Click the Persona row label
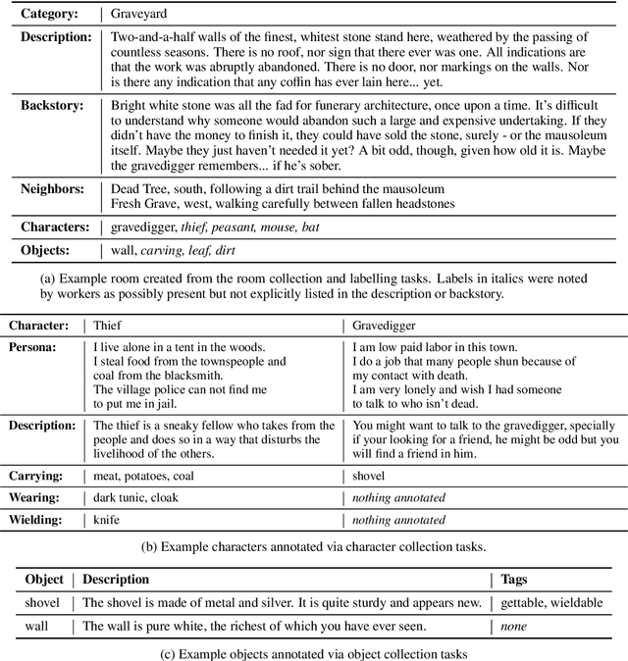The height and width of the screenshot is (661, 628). pos(36,347)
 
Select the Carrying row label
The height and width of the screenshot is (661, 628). pos(39,476)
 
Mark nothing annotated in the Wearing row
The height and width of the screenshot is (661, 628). pos(398,498)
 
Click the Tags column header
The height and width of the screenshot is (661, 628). pos(520,580)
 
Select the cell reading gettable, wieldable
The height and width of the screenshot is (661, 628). pos(551,603)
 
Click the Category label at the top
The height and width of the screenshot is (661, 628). pos(52,15)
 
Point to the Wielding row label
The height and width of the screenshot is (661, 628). pos(40,520)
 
